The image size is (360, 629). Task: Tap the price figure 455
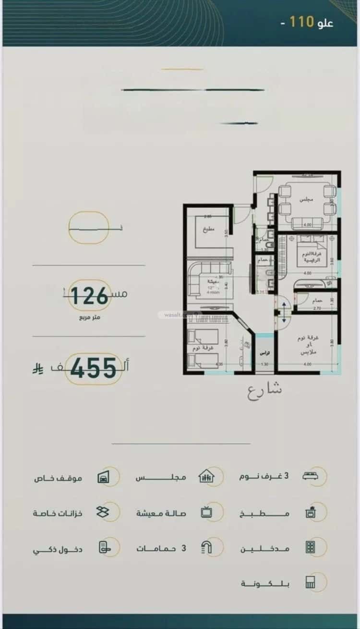point(94,368)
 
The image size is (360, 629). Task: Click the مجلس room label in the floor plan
point(303,199)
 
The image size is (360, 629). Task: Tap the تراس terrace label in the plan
point(263,353)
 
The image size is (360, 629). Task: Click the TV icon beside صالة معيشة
point(207,512)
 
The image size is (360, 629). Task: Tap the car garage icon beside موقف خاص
point(103,477)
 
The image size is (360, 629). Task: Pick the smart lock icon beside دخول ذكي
point(103,548)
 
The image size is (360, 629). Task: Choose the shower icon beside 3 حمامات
point(207,547)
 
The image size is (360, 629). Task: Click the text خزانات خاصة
point(58,513)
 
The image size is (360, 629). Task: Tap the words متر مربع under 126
point(90,317)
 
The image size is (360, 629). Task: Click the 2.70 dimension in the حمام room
point(303,309)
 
